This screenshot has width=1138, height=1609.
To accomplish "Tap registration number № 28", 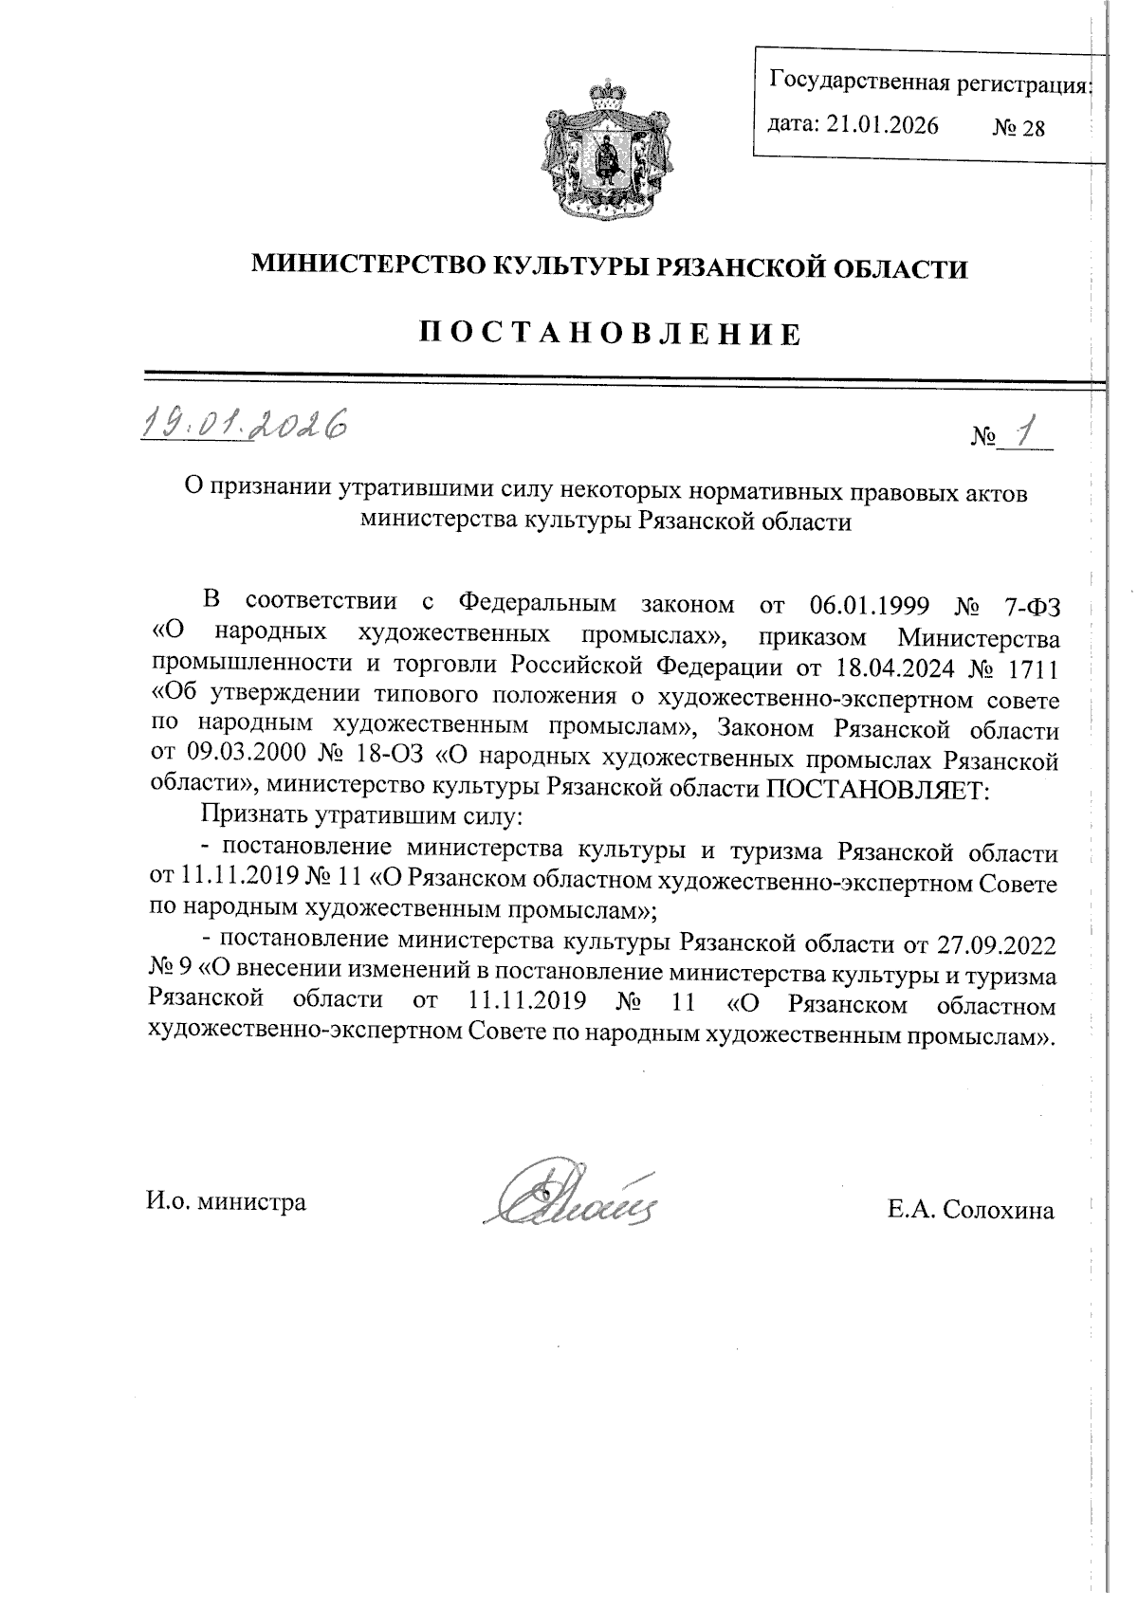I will (1018, 128).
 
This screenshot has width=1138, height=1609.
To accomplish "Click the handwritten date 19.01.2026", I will (241, 425).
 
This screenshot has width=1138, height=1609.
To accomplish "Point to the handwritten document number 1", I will (1021, 433).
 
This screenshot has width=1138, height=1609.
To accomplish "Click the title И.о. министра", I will (226, 1203).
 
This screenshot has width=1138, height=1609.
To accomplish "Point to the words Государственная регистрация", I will (928, 82).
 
